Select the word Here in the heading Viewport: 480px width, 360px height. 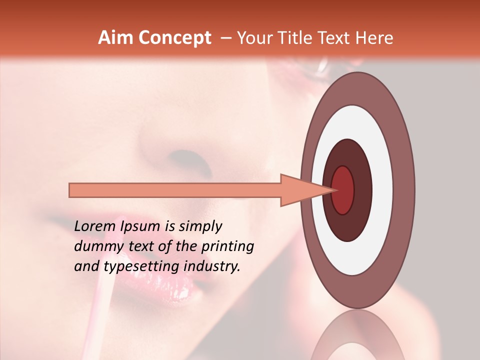pyautogui.click(x=374, y=38)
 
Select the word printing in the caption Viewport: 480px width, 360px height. pyautogui.click(x=227, y=247)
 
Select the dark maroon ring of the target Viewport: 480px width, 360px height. pyautogui.click(x=362, y=190)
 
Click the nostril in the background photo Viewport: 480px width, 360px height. pyautogui.click(x=192, y=160)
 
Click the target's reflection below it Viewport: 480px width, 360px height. pyautogui.click(x=357, y=340)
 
